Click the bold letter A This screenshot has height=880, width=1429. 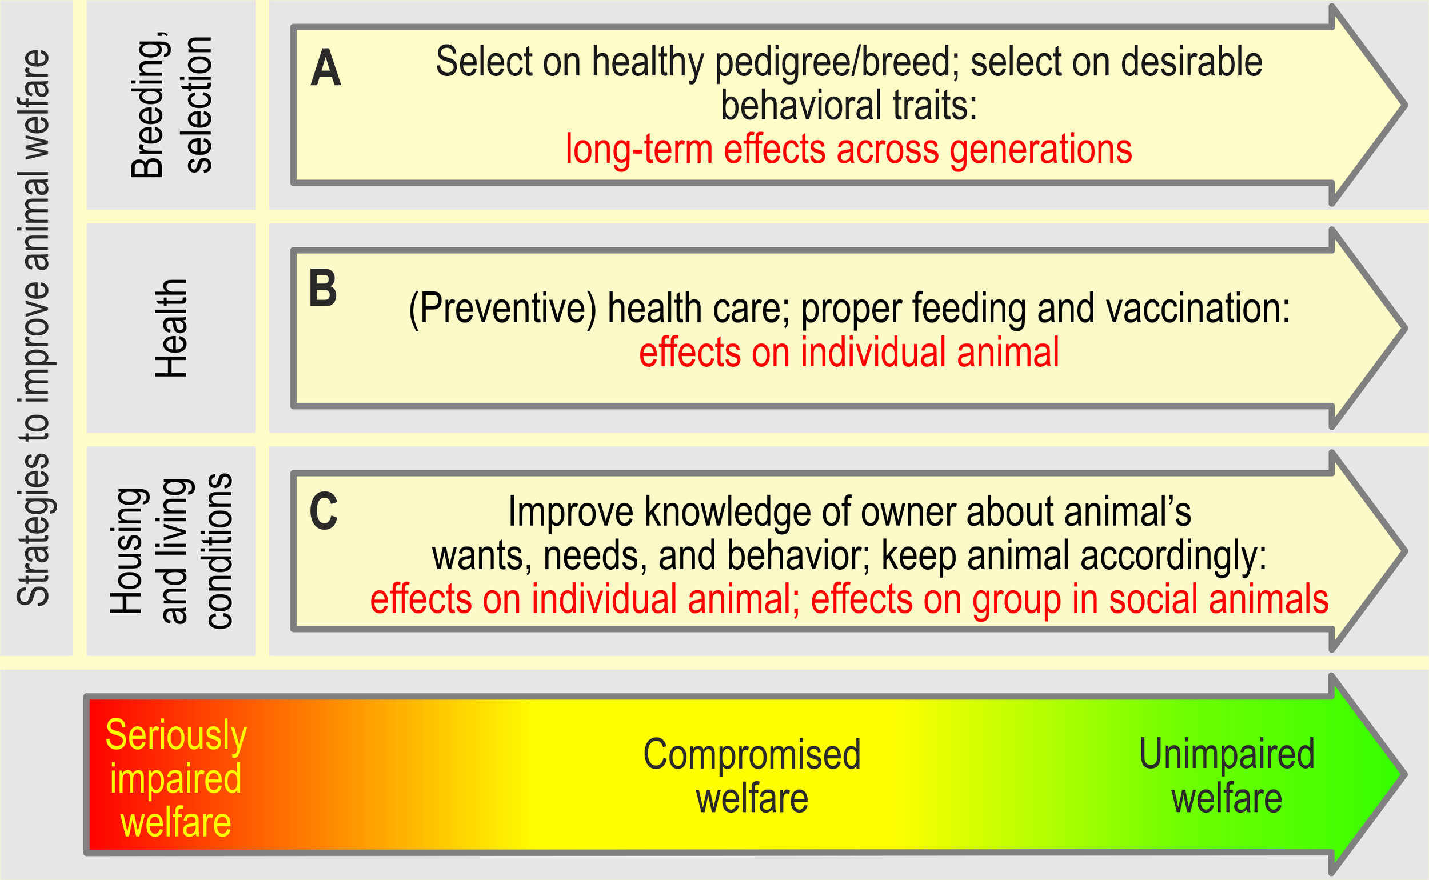click(325, 68)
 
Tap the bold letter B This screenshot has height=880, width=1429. click(323, 289)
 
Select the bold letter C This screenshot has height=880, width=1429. click(324, 511)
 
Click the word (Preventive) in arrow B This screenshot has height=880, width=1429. click(502, 309)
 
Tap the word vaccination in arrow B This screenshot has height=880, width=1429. click(1198, 308)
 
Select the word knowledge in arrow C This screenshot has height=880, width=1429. click(728, 512)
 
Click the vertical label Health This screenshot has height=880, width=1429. click(171, 328)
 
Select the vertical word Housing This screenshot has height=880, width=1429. click(127, 551)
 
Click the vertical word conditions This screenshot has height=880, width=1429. click(219, 551)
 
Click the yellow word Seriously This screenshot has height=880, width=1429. click(177, 735)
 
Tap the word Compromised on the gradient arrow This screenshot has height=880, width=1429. click(752, 755)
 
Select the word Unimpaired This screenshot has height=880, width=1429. click(1227, 754)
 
